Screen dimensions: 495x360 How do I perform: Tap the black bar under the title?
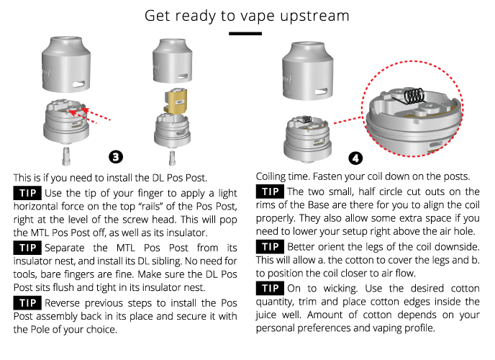click(245, 33)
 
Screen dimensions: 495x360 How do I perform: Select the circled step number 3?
click(116, 157)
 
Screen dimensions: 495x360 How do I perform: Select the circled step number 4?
click(355, 158)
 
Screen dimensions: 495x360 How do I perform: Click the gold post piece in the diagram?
click(176, 102)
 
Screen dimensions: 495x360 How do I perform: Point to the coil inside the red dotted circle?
click(410, 95)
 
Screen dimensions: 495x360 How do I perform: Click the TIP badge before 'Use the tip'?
click(27, 193)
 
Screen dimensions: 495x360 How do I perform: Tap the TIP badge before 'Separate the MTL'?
click(27, 248)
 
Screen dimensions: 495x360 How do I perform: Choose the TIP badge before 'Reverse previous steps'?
click(27, 303)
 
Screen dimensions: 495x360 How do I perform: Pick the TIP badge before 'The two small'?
click(270, 192)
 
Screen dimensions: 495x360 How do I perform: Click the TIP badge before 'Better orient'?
click(270, 247)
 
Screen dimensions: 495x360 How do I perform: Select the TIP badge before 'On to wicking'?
click(270, 288)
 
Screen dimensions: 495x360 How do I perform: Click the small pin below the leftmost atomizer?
click(66, 156)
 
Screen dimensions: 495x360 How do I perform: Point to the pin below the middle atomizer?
click(172, 158)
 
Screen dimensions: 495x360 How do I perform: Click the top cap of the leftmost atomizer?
click(66, 64)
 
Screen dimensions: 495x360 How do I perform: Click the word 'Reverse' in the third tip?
click(62, 303)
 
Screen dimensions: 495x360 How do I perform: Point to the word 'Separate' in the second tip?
click(65, 248)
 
